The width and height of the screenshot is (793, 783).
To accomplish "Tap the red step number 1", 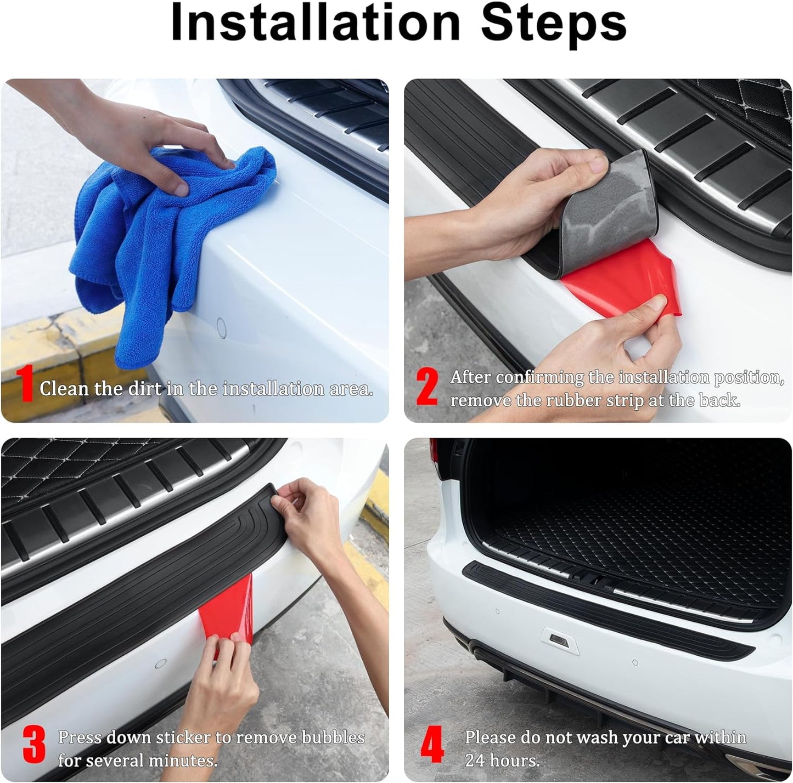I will pos(25,383).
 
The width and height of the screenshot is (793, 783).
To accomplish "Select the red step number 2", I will pos(427,387).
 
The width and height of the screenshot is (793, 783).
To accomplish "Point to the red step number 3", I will pos(34,745).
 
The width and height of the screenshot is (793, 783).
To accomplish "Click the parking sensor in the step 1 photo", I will pos(221,327).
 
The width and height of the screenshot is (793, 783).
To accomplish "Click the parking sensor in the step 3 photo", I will pos(160,663).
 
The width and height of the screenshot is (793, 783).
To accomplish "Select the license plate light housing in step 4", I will pos(560,642).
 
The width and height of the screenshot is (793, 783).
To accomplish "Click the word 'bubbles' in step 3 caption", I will pos(333,737).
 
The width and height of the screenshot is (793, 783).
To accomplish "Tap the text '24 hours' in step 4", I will pos(502,761).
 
